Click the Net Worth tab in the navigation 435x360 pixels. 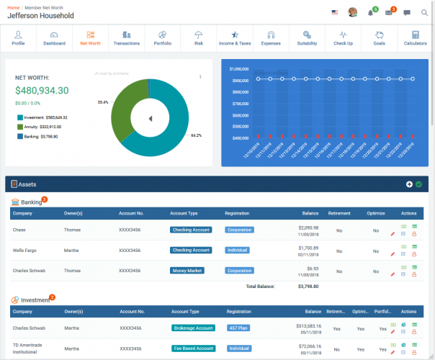(90, 38)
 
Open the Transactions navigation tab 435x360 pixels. (126, 38)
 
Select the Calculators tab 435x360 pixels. (415, 38)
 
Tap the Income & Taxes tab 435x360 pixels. (234, 38)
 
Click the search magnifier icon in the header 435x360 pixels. (424, 12)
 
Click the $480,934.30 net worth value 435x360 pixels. (42, 91)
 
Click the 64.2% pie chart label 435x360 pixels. (196, 135)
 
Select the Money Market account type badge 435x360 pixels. (187, 271)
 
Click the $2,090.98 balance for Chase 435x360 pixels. (308, 228)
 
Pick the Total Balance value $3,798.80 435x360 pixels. (309, 286)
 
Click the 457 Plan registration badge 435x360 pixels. (238, 328)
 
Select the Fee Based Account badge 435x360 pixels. (193, 348)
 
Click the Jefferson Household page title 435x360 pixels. (40, 15)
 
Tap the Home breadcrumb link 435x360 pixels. (13, 6)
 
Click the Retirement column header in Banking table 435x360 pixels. (339, 214)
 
